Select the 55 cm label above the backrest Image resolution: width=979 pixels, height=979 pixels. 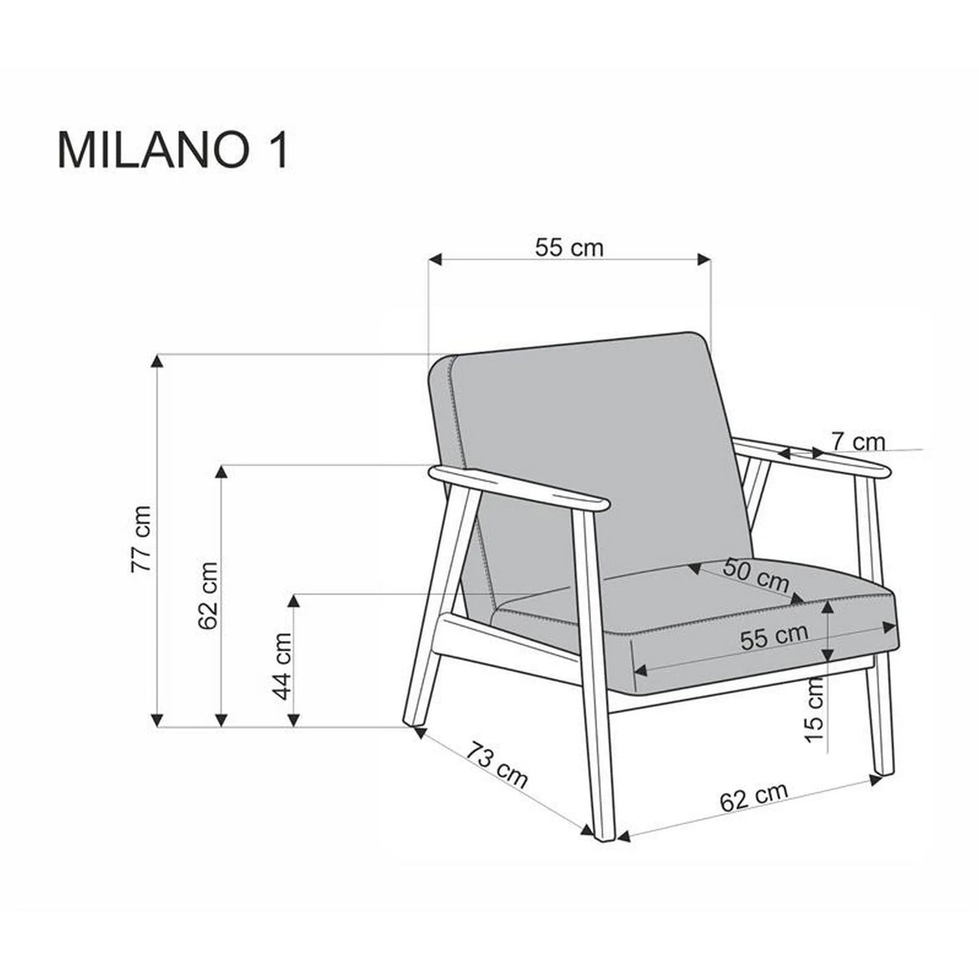(x=569, y=248)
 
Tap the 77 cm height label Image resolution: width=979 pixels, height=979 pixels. (x=141, y=539)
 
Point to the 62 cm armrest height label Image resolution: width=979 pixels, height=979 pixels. (x=208, y=595)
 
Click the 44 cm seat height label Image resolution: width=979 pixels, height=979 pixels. (x=282, y=666)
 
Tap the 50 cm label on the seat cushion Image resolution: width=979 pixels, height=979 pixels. (x=755, y=575)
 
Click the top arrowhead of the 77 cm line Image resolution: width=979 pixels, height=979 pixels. (x=158, y=361)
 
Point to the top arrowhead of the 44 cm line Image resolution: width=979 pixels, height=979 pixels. (x=293, y=601)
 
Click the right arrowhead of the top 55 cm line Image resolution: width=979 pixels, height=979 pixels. (x=704, y=259)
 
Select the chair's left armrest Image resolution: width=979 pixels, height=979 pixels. (x=519, y=488)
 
